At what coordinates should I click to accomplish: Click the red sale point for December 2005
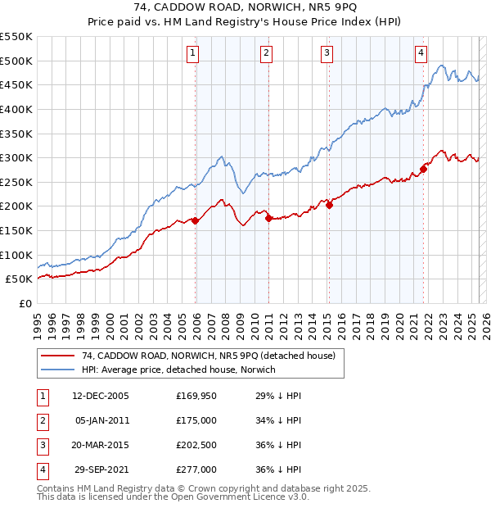tap(196, 220)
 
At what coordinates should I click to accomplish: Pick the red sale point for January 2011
tap(268, 218)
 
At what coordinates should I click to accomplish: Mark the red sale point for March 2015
tap(329, 205)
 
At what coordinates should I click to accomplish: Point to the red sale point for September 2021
tap(424, 169)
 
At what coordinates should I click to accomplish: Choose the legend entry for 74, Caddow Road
tap(209, 356)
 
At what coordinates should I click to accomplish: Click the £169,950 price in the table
tap(196, 396)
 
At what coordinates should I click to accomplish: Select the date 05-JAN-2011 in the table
tap(101, 420)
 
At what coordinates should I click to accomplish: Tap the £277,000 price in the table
tap(196, 469)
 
